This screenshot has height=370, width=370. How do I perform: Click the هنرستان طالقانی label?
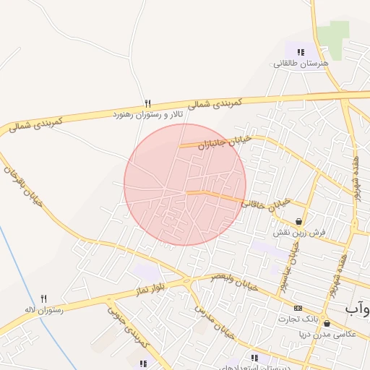300,63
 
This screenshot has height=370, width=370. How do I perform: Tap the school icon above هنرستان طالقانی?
301,51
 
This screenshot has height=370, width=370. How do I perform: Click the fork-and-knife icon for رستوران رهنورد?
148,103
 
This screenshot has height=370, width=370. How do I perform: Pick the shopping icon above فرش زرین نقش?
298,221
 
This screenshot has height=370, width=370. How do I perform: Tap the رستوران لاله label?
44,309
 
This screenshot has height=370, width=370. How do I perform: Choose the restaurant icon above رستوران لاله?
43,298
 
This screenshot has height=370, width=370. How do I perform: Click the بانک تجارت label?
296,319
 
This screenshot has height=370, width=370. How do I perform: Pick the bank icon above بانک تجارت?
298,307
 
